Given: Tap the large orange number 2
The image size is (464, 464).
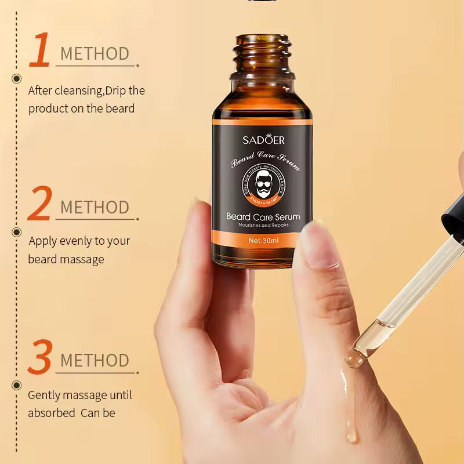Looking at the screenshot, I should tap(39, 204).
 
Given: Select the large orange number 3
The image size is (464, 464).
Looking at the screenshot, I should tap(39, 357).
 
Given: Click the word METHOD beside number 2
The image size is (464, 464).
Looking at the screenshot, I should tap(95, 207).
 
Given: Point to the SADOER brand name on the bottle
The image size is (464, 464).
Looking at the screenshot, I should tap(263, 140).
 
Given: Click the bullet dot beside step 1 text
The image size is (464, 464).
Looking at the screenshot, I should tap(17, 79).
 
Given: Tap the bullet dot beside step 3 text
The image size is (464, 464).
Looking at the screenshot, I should tap(17, 385).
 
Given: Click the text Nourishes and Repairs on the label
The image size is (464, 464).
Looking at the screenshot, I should tap(263, 224).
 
